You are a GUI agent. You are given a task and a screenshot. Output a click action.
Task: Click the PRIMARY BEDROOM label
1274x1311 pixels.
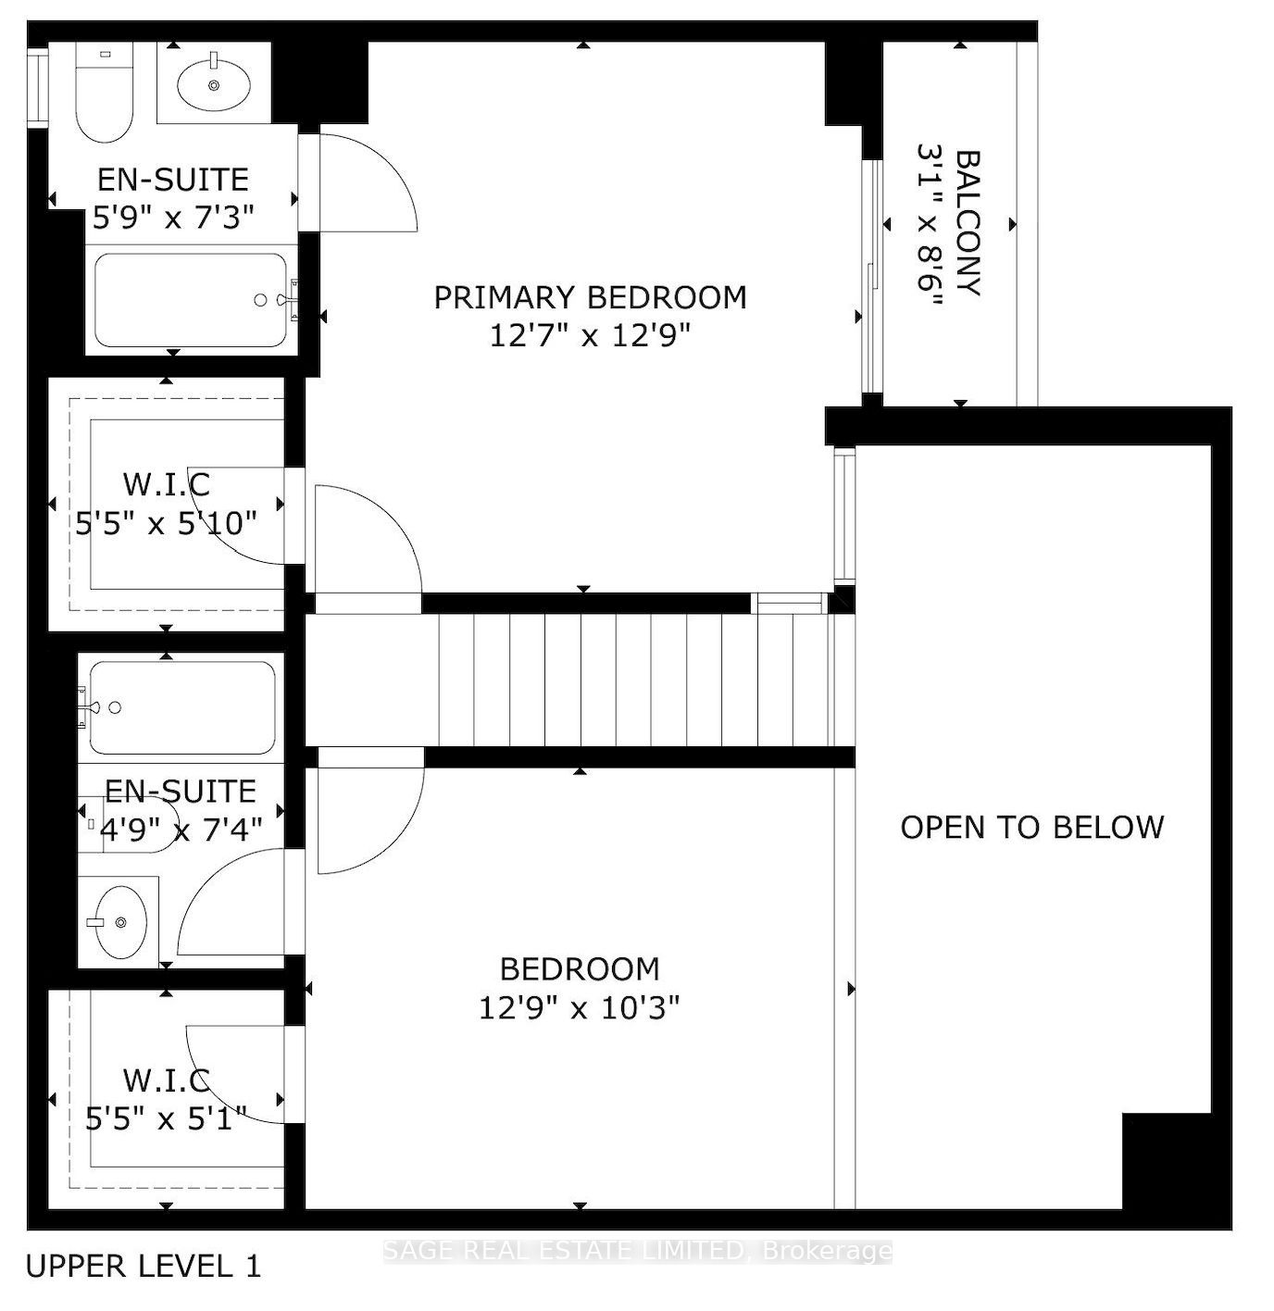(590, 298)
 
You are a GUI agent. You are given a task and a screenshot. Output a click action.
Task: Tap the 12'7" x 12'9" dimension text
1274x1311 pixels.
(590, 335)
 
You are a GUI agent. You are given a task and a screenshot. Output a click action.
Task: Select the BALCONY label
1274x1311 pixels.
(968, 223)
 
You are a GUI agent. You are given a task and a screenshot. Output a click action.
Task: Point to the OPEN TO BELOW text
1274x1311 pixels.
(1032, 828)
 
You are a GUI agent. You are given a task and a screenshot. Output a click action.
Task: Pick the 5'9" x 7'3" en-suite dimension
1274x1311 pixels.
(174, 217)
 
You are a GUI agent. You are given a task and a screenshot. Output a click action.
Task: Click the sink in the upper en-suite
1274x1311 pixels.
(214, 83)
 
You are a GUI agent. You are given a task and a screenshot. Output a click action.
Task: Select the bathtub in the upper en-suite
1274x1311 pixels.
(192, 301)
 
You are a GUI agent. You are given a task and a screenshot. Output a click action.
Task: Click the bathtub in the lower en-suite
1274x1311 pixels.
(181, 707)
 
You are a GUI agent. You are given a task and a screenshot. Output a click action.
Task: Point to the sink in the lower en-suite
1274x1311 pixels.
(120, 921)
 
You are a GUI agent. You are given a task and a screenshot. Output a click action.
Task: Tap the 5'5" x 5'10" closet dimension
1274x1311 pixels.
(167, 523)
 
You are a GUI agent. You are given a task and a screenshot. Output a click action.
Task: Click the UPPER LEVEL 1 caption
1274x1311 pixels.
(143, 1267)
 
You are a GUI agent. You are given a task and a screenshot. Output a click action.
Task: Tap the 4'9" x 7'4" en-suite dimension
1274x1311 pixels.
(181, 829)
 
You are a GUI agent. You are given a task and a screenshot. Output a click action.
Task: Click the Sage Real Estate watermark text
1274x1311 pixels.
(637, 1251)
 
